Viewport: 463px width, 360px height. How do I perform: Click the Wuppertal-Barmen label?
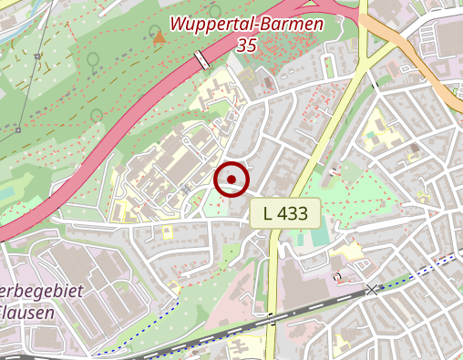pos(246,24)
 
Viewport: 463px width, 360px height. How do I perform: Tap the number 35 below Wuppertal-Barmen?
pos(246,45)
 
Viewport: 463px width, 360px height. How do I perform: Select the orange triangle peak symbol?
pos(159,37)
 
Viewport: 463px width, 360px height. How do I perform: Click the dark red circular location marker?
pos(231,179)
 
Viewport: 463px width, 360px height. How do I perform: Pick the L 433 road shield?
pos(284,214)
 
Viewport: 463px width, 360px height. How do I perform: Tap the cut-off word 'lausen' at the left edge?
pos(27,313)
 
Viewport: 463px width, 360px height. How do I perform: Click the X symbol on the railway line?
pos(371,290)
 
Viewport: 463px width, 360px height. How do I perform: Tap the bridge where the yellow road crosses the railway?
pos(272,319)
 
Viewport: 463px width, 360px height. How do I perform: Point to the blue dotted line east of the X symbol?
pos(419,273)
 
